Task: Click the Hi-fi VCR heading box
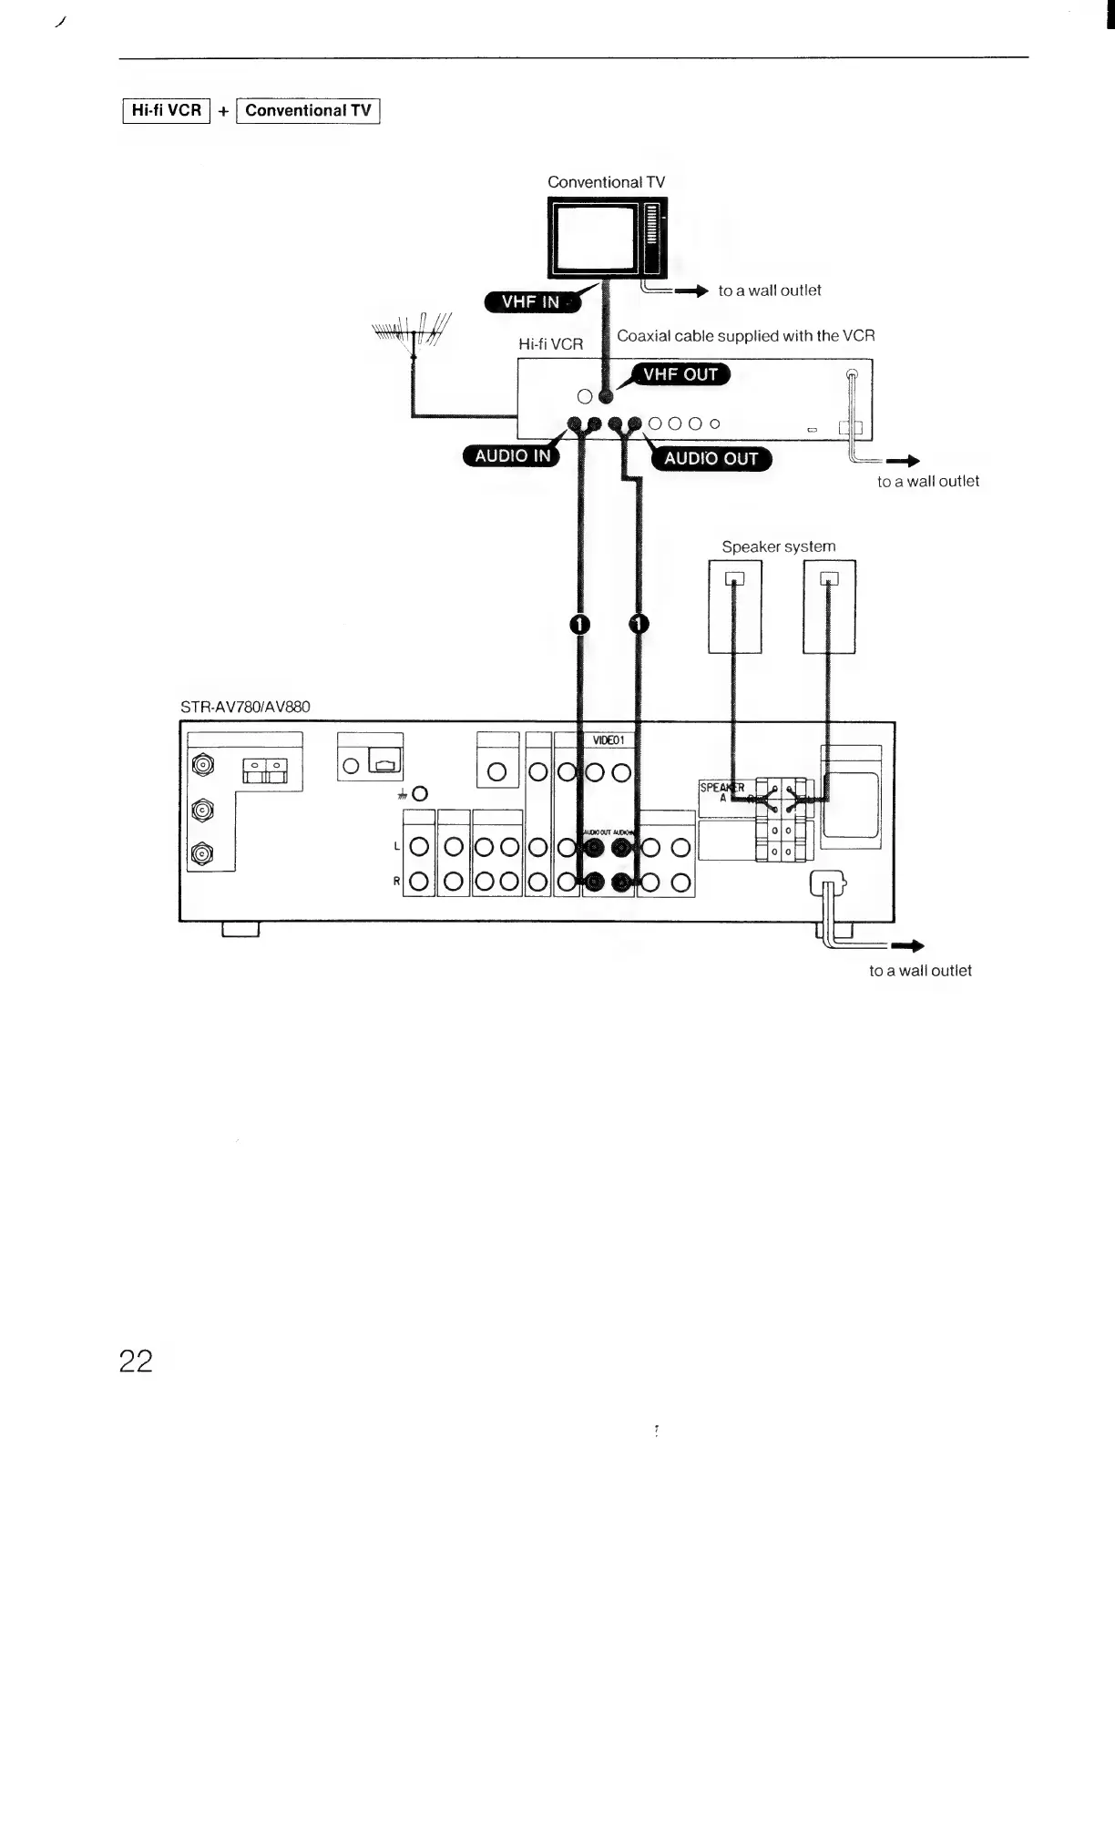[x=166, y=110]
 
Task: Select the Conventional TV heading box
[x=308, y=111]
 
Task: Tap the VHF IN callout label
[x=530, y=302]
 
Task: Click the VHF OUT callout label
[x=680, y=374]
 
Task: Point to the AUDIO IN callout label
[x=512, y=455]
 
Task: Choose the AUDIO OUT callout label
[x=711, y=458]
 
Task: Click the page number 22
[x=136, y=1362]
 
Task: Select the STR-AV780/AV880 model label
[x=245, y=707]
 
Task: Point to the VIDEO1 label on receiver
[x=608, y=740]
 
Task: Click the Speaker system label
[x=778, y=546]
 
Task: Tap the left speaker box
[x=735, y=607]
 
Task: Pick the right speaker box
[x=829, y=607]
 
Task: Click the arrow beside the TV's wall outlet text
[x=691, y=291]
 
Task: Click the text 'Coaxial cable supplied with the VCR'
[x=745, y=336]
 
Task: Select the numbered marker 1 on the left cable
[x=578, y=624]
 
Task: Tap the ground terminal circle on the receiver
[x=419, y=794]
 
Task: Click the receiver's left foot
[x=240, y=929]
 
